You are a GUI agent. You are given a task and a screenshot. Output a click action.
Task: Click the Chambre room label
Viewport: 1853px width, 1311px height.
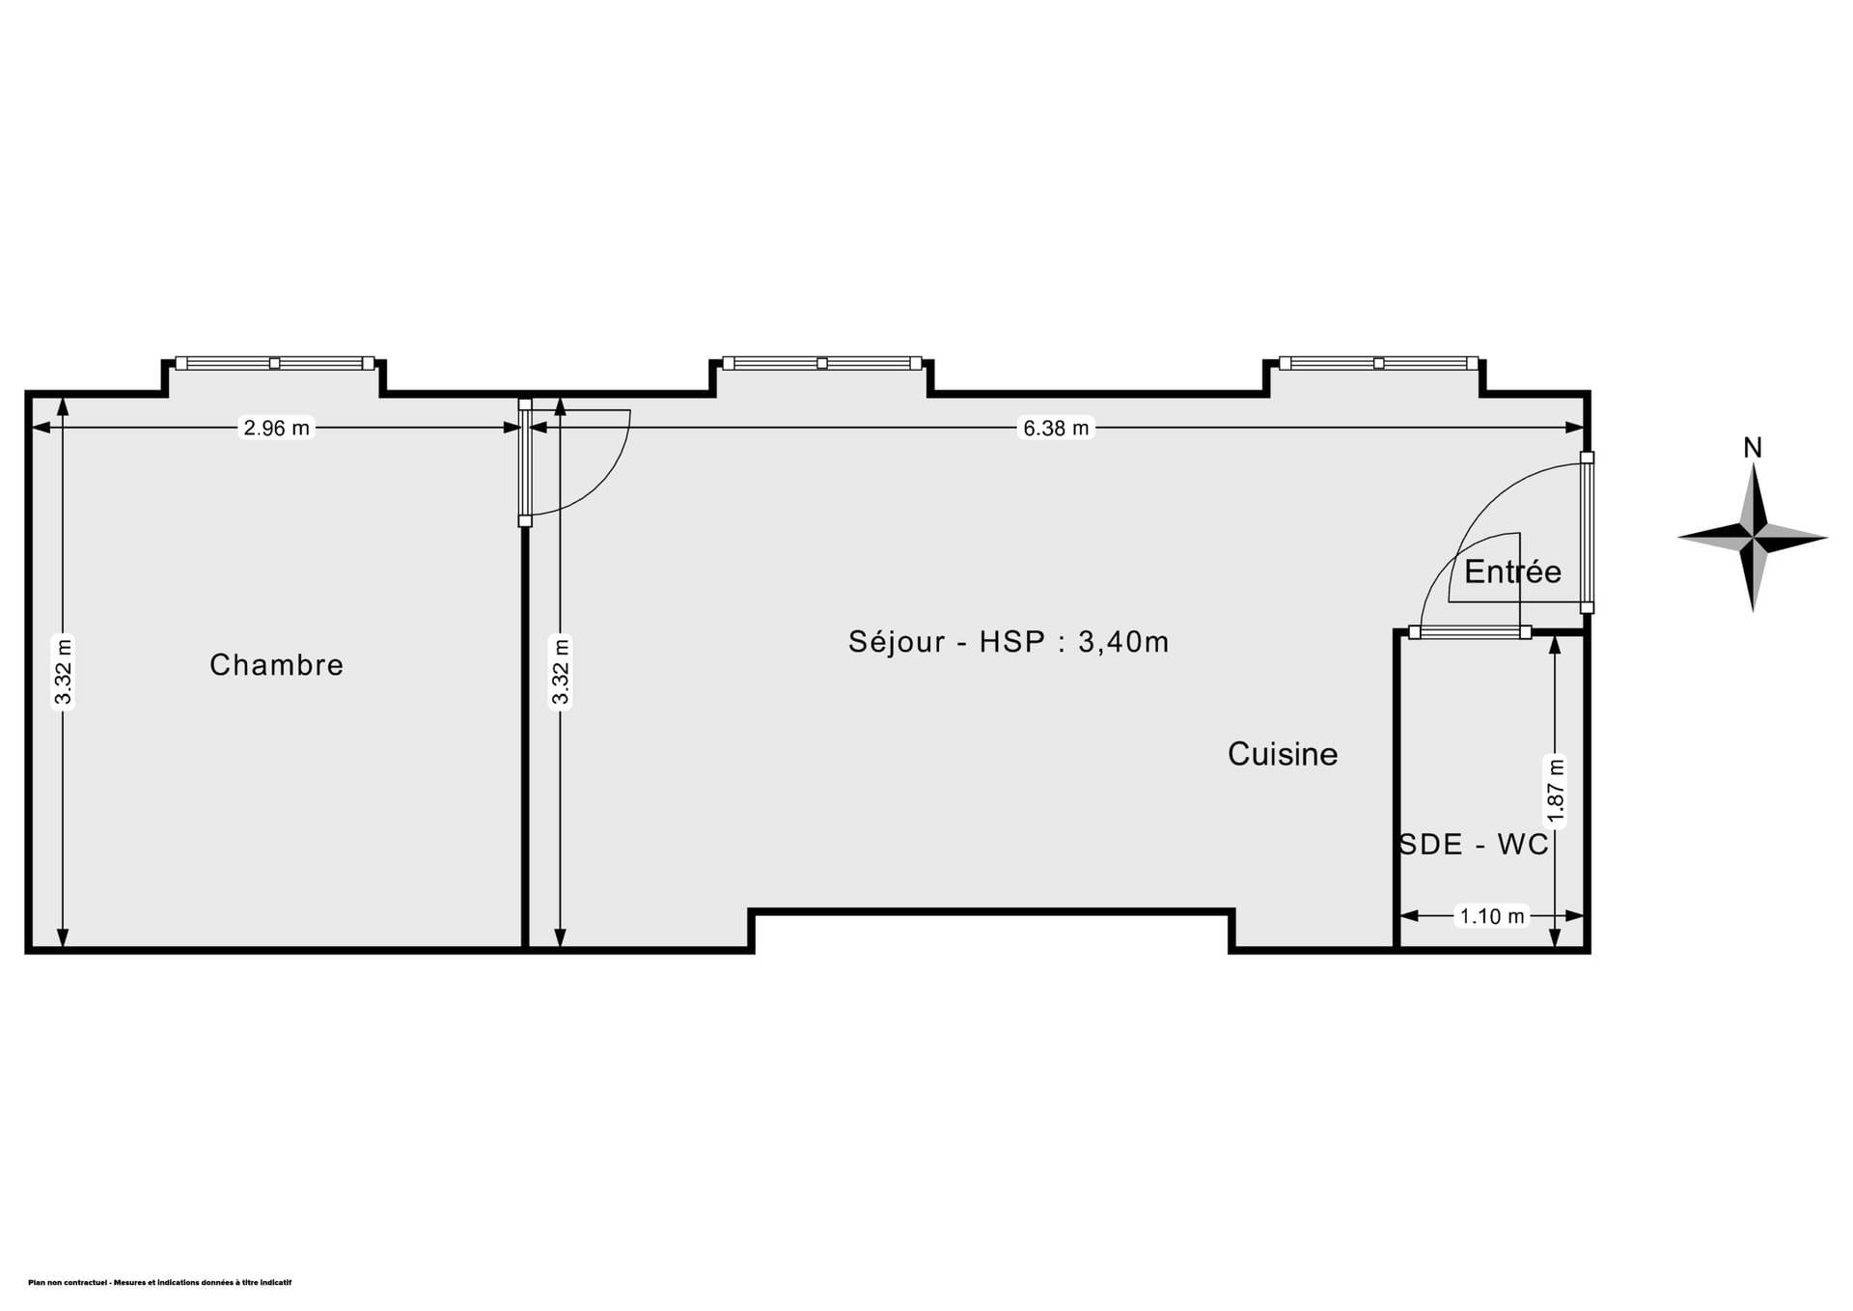[x=276, y=664]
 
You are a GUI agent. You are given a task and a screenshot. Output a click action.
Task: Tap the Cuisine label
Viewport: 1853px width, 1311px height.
[x=1283, y=754]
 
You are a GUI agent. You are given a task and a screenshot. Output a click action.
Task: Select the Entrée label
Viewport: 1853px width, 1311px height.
[x=1512, y=572]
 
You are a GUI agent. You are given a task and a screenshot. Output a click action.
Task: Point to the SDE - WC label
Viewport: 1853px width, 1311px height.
[x=1474, y=844]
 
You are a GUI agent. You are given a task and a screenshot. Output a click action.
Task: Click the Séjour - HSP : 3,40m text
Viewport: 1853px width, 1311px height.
[x=1009, y=641]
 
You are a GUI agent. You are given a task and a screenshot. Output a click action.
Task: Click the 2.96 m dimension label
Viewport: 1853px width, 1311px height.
[x=277, y=428]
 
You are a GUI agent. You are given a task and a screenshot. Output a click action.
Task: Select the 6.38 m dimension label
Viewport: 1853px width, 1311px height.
[x=1056, y=428]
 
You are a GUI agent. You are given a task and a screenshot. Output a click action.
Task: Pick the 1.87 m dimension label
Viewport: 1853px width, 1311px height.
[x=1555, y=791]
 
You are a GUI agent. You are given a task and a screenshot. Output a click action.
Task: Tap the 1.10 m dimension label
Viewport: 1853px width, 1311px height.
[x=1492, y=915]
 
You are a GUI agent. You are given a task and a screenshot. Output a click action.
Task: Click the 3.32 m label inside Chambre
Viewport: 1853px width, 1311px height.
[x=64, y=673]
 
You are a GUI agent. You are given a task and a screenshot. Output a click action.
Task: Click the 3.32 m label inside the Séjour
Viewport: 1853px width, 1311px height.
[x=561, y=673]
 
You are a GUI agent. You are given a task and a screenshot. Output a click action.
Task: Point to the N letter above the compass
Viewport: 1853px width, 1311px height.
[x=1753, y=448]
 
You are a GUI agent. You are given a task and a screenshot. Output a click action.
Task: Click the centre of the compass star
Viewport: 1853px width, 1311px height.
[x=1754, y=537]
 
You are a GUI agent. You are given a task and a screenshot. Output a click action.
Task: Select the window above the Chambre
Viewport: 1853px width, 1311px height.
[x=275, y=363]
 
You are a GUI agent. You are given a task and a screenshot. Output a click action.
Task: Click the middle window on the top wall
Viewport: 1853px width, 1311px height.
[x=822, y=363]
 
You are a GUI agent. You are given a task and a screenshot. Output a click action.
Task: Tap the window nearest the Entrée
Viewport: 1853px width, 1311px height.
[x=1378, y=363]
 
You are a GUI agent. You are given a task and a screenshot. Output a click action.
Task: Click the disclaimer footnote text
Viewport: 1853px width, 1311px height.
[x=160, y=1283]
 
